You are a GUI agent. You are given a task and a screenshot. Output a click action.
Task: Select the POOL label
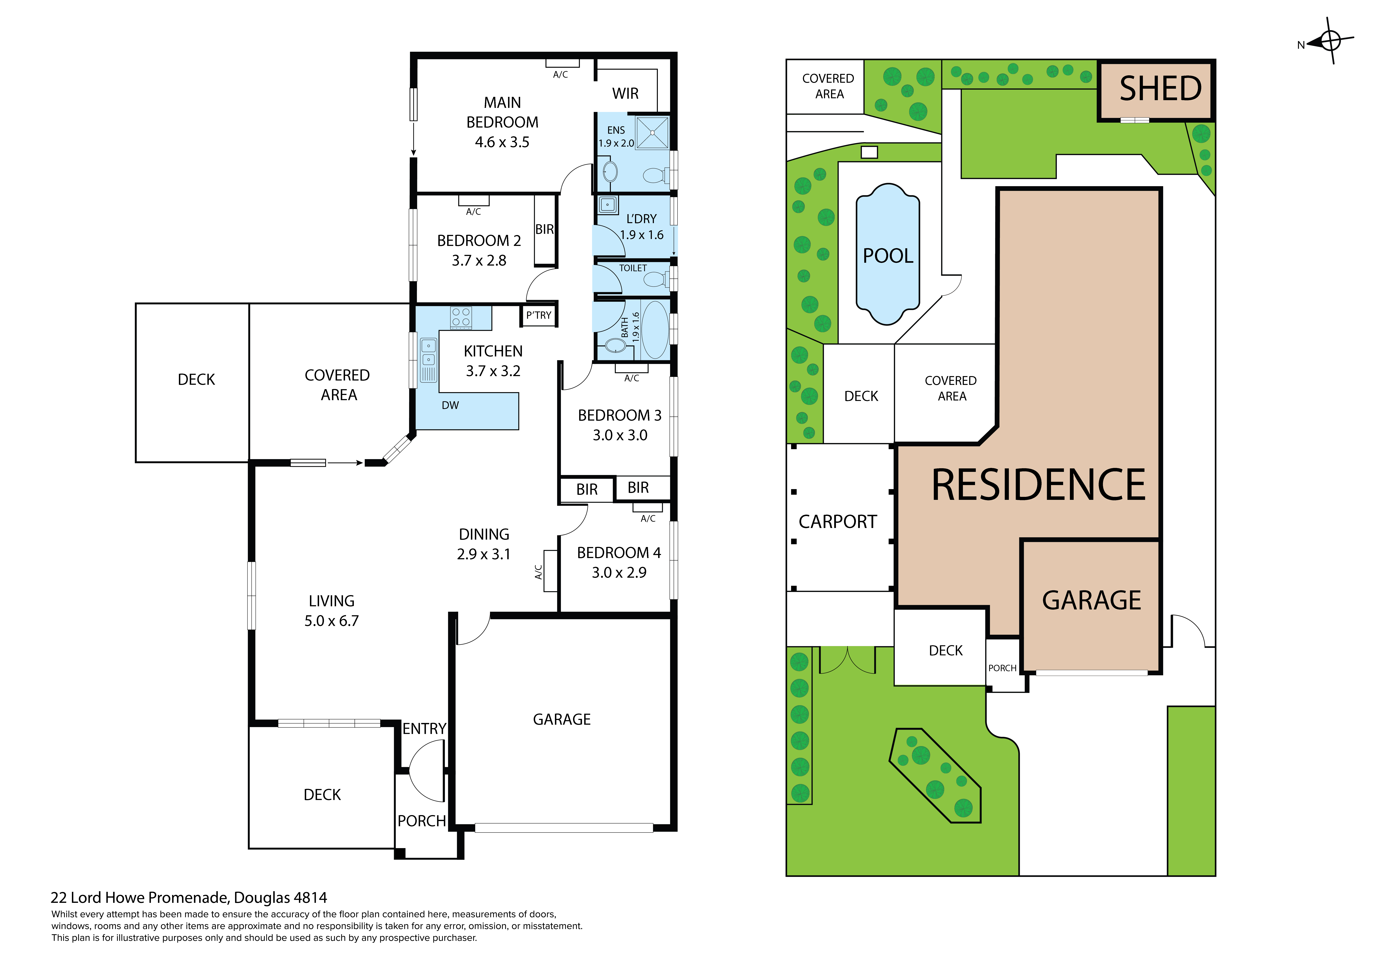point(888,256)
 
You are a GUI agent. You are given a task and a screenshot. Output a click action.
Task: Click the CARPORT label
point(837,521)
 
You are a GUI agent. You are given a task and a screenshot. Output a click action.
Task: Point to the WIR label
point(625,94)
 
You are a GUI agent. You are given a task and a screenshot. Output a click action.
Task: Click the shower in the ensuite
point(652,133)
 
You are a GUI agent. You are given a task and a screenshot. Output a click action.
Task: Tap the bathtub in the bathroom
point(655,330)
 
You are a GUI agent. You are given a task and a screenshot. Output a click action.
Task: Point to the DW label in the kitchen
point(450,406)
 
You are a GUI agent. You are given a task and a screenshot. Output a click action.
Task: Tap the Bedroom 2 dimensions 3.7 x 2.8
point(479,261)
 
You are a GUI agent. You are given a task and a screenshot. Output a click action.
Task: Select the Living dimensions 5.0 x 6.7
point(331,621)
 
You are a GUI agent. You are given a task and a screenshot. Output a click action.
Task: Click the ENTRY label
point(424,729)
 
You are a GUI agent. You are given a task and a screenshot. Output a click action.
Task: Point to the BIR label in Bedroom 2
point(545,230)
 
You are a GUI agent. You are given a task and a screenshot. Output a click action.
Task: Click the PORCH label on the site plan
point(1002,668)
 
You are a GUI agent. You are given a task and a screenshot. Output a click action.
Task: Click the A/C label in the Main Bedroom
point(560,75)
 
